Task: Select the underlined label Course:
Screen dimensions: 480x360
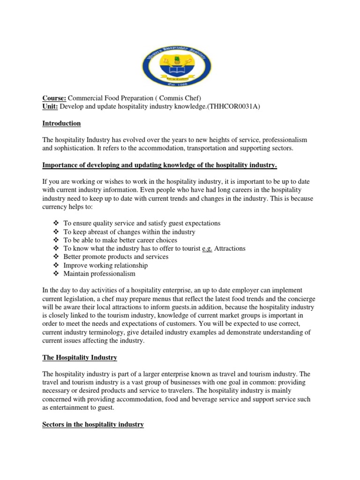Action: pos(54,98)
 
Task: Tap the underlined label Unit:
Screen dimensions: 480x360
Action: pos(50,106)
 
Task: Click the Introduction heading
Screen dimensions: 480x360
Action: pos(61,123)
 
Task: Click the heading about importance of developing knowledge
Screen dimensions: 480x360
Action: pos(160,165)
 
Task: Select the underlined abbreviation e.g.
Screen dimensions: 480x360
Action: pos(207,248)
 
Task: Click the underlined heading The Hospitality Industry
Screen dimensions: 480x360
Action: pos(80,358)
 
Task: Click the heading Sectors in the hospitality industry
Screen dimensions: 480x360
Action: pos(93,425)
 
